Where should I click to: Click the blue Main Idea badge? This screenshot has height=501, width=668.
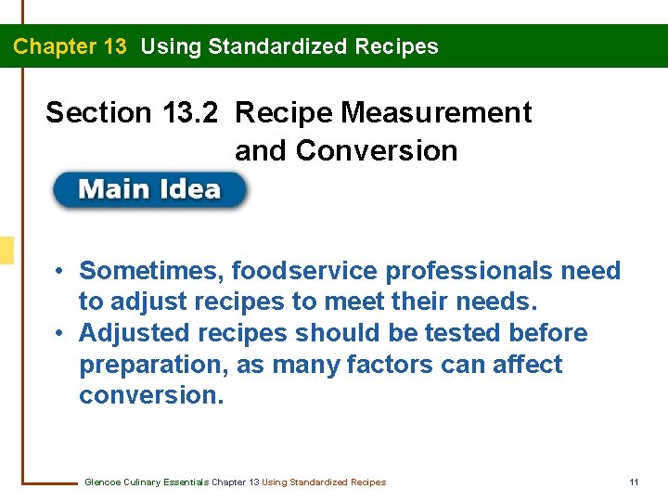click(150, 190)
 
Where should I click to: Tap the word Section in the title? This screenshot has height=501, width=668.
click(97, 113)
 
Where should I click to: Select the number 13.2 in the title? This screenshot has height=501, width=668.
click(189, 113)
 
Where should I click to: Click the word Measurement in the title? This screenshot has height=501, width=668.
click(437, 113)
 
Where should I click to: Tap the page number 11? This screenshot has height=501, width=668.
click(634, 482)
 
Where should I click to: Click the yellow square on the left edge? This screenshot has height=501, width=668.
click(6, 250)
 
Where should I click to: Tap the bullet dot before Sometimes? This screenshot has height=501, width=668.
click(58, 272)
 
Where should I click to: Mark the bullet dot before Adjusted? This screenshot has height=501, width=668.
click(58, 334)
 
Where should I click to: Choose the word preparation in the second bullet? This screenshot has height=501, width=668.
click(154, 365)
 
